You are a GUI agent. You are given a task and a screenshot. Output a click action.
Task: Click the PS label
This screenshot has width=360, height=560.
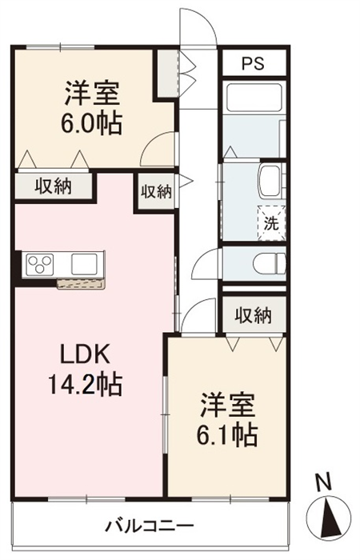click(x=253, y=63)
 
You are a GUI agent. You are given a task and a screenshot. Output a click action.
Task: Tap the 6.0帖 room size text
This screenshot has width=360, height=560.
click(x=92, y=123)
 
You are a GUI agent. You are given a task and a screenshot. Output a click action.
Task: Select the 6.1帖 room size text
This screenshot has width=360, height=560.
click(x=227, y=434)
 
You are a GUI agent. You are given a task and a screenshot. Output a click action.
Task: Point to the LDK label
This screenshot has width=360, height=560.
click(x=85, y=354)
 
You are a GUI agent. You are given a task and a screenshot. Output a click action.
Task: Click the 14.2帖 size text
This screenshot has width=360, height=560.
click(x=85, y=384)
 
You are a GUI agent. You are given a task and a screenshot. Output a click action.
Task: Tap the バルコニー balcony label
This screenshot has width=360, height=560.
click(x=150, y=526)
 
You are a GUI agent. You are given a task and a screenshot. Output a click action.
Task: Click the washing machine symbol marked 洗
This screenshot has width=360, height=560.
click(x=272, y=223)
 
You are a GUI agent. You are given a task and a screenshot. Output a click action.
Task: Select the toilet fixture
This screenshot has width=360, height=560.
click(x=270, y=264)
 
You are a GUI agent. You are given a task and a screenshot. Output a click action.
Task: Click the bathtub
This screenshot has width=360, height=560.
click(x=254, y=97)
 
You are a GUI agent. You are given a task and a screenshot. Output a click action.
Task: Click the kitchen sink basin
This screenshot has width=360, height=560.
click(x=84, y=264)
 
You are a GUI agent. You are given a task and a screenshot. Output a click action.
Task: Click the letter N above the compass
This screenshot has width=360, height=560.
click(x=324, y=482)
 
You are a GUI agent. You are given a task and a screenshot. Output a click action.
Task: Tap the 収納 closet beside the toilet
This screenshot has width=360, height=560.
click(x=254, y=315)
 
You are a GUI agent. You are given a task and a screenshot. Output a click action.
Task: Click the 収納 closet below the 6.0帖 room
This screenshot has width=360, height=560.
click(x=53, y=186)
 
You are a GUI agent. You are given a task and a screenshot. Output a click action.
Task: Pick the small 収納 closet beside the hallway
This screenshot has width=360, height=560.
click(x=156, y=192)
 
